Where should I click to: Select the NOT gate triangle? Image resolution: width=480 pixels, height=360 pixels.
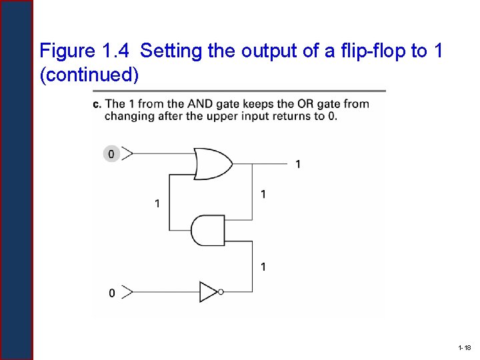click(x=208, y=291)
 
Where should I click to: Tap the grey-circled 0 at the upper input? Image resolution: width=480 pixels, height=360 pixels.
click(x=111, y=154)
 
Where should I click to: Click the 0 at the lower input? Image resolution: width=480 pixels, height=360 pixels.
click(x=111, y=293)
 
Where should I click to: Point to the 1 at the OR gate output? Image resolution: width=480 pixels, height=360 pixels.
click(x=297, y=164)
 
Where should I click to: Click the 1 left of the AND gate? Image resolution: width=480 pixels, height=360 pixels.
click(x=157, y=203)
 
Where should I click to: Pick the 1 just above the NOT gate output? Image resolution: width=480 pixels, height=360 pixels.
click(x=263, y=267)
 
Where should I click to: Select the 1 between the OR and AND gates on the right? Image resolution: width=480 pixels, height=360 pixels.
click(x=263, y=194)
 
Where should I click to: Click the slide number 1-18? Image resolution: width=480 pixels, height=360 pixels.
click(x=465, y=348)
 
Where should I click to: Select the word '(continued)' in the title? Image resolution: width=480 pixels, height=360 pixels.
click(x=89, y=75)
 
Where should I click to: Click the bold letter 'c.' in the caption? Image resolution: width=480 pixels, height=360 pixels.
click(x=97, y=103)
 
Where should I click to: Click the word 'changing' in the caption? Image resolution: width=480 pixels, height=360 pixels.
click(x=127, y=115)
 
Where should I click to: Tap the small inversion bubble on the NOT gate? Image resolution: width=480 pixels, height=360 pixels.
click(x=221, y=291)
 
